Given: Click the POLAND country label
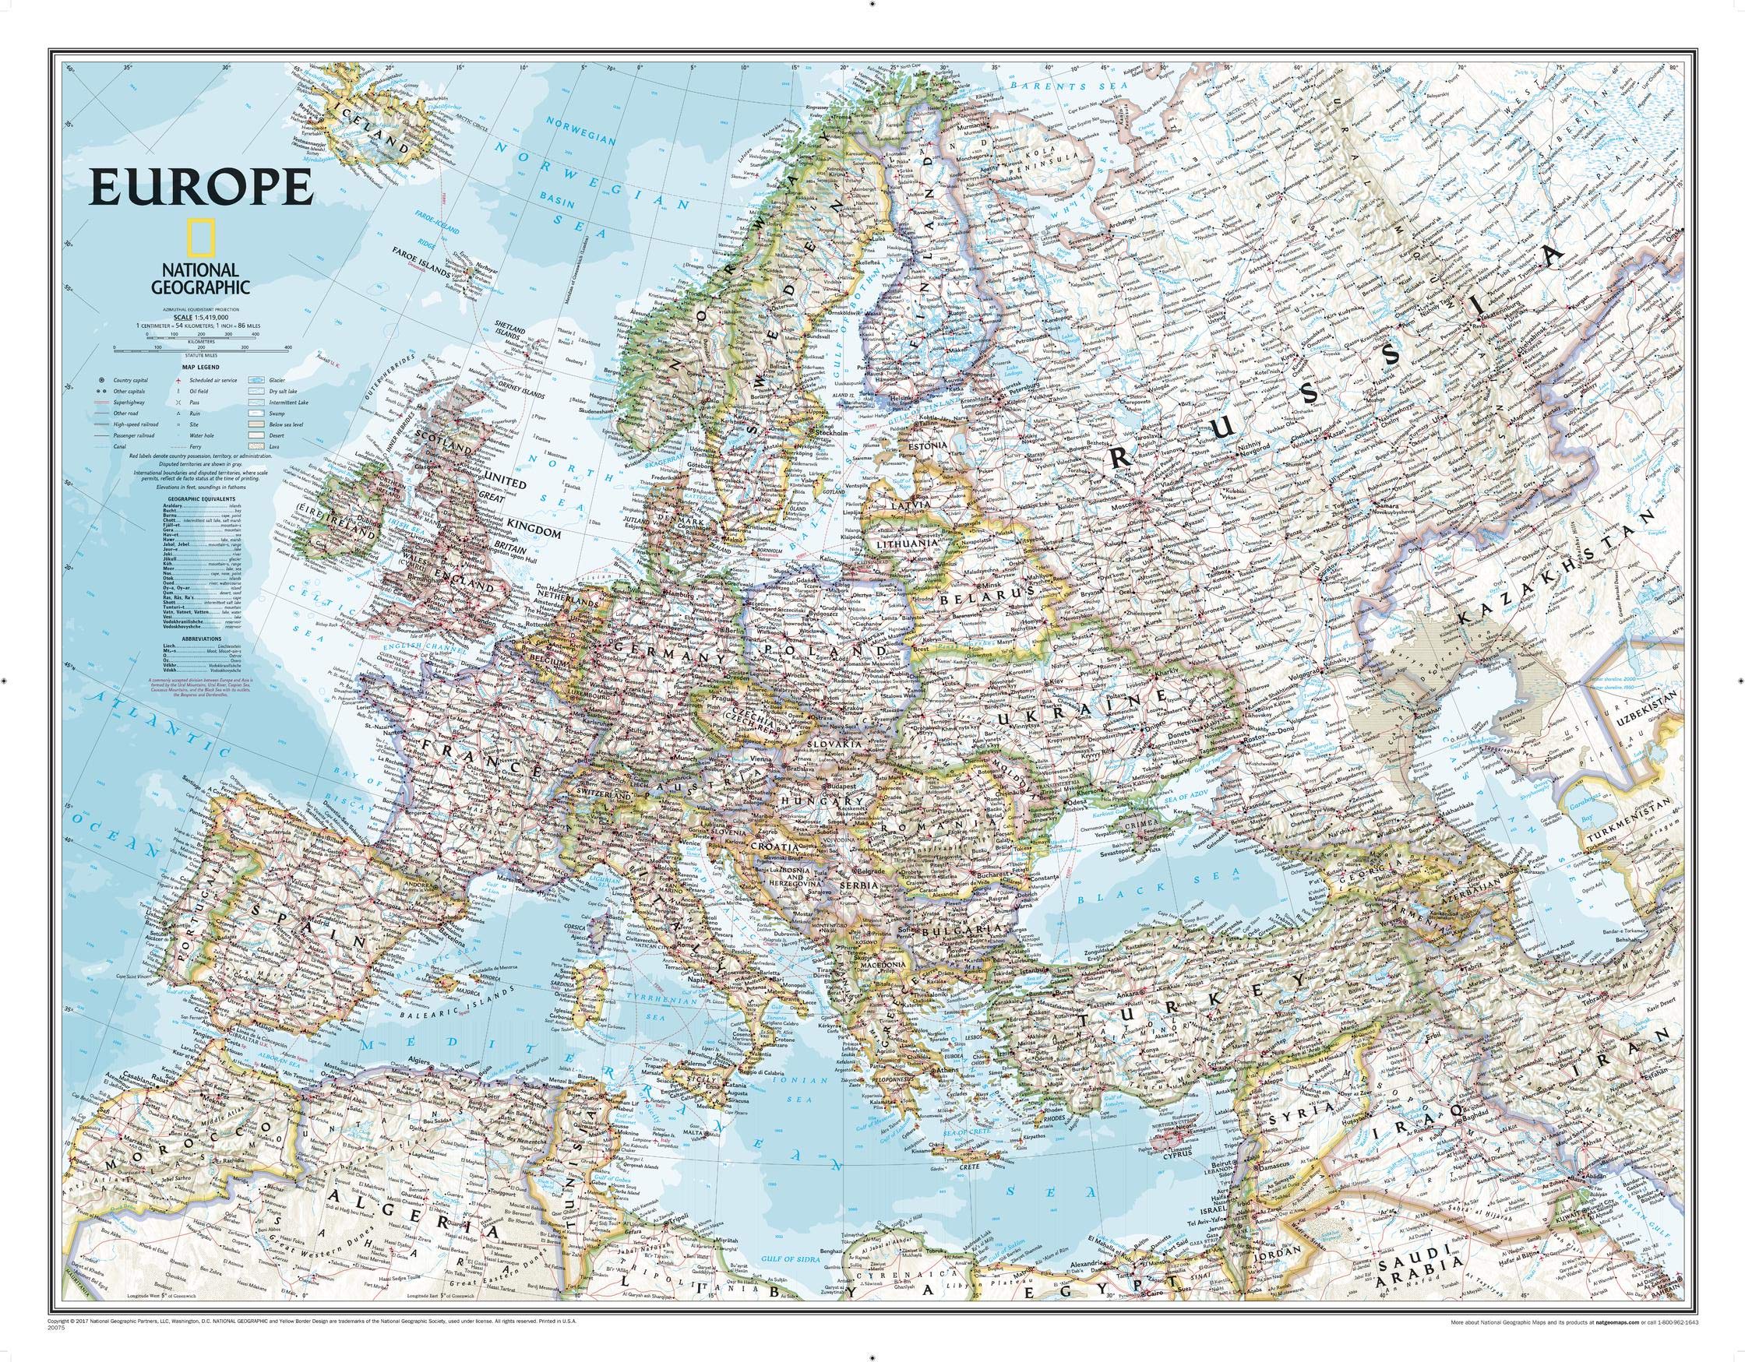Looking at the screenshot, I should (x=823, y=653).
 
